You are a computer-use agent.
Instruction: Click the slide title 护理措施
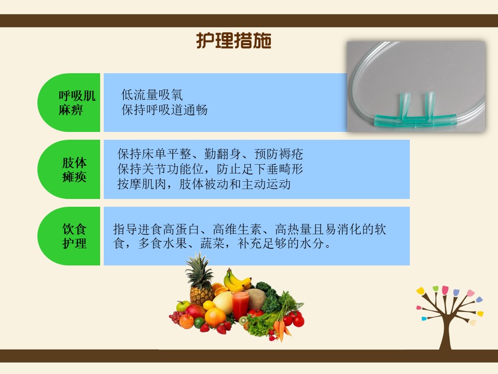pyautogui.click(x=234, y=41)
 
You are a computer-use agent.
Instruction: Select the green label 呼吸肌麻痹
pyautogui.click(x=77, y=102)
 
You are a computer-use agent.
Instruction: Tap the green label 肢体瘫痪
pyautogui.click(x=74, y=169)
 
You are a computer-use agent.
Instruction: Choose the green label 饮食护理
pyautogui.click(x=74, y=236)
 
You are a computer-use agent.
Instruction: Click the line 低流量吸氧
pyautogui.click(x=152, y=95)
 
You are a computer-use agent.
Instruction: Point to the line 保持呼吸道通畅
pyautogui.click(x=164, y=110)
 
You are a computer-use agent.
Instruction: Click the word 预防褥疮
pyautogui.click(x=279, y=154)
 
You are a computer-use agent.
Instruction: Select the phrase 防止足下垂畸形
pyautogui.click(x=260, y=169)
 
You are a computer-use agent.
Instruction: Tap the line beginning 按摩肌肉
pyautogui.click(x=204, y=184)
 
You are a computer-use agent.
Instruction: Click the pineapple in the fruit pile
pyautogui.click(x=200, y=280)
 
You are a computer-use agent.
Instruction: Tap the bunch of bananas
pyautogui.click(x=237, y=280)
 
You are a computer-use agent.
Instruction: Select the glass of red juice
pyautogui.click(x=240, y=305)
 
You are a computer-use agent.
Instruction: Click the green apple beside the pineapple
pyautogui.click(x=183, y=306)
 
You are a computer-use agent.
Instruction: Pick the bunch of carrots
pyautogui.click(x=281, y=329)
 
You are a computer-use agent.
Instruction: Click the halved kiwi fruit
pyautogui.click(x=243, y=320)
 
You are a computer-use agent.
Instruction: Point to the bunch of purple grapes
pyautogui.click(x=176, y=317)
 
